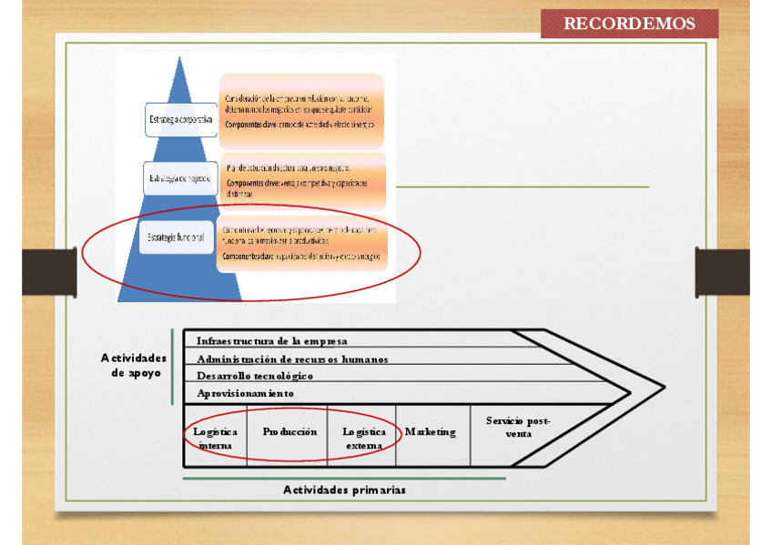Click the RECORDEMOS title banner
[629, 24]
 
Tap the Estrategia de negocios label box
[179, 178]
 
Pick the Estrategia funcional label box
[175, 237]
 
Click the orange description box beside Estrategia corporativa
[301, 110]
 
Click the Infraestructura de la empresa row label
[272, 341]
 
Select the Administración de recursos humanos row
[292, 358]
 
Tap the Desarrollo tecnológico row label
[255, 375]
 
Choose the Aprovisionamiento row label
[245, 393]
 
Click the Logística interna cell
[215, 439]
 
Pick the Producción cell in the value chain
[289, 432]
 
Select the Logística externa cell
[364, 439]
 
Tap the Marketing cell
[431, 432]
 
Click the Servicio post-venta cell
[517, 427]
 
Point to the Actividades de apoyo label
[134, 365]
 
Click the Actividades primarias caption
[344, 489]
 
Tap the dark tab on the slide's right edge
[723, 271]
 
